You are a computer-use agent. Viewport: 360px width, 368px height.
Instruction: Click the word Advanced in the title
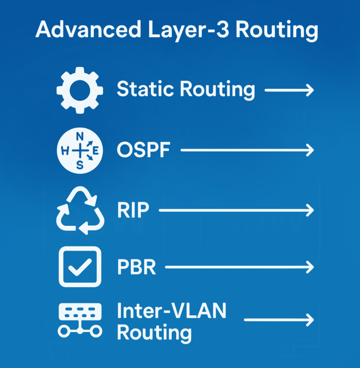[x=88, y=29]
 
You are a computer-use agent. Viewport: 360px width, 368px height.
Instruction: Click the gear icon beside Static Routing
[x=80, y=90]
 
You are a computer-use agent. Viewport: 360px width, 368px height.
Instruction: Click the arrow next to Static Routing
[x=289, y=90]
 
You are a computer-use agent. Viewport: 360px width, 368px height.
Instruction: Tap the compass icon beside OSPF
[x=80, y=150]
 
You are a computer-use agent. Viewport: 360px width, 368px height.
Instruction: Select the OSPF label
[x=143, y=150]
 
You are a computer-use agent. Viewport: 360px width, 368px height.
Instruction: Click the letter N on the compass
[x=80, y=136]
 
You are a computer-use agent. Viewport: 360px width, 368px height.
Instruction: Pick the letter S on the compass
[x=80, y=165]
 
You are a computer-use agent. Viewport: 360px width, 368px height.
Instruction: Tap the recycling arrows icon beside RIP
[x=80, y=210]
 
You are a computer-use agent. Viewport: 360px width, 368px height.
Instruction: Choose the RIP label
[x=133, y=210]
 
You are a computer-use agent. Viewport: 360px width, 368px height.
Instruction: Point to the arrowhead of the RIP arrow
[x=310, y=210]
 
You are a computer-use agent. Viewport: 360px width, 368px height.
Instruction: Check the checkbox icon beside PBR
[x=80, y=267]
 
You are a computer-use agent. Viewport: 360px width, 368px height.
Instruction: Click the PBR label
[x=136, y=267]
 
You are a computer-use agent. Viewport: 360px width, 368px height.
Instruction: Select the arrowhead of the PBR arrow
[x=310, y=267]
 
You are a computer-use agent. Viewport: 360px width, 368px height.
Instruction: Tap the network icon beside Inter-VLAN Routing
[x=80, y=320]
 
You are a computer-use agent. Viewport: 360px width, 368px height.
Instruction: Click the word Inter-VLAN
[x=172, y=311]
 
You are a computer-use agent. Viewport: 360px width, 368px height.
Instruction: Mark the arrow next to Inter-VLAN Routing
[x=279, y=320]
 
